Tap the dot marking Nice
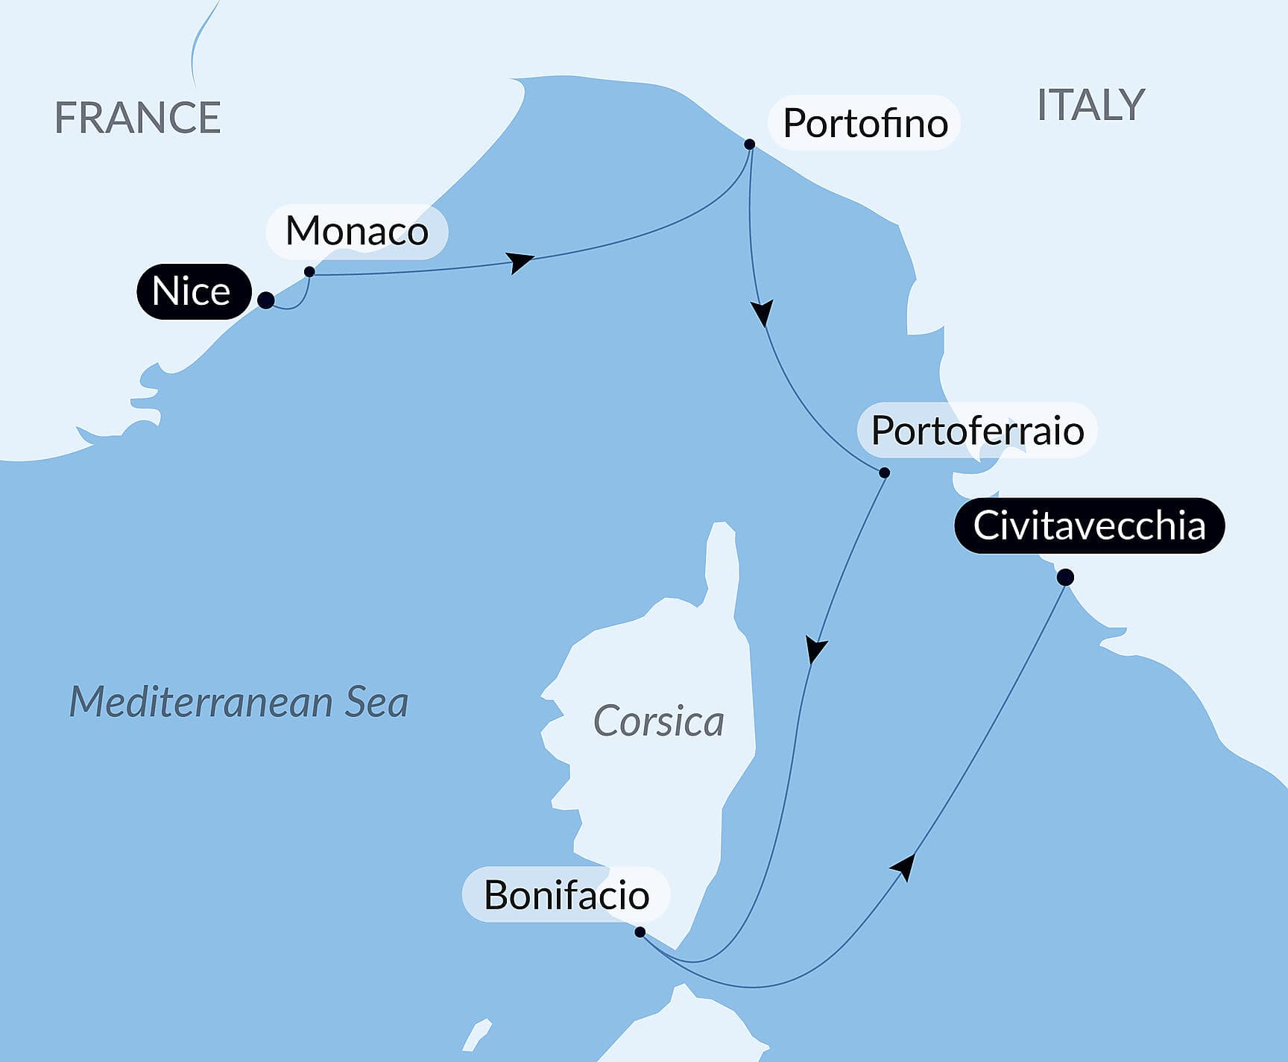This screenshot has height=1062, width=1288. (265, 300)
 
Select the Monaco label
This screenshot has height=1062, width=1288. (357, 231)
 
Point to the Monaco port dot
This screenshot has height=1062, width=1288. (309, 272)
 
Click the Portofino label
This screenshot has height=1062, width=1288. (865, 123)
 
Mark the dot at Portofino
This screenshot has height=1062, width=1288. (750, 145)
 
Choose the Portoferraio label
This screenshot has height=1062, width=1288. (977, 431)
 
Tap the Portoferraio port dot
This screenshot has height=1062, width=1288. (884, 472)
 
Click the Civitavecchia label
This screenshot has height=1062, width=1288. (1089, 525)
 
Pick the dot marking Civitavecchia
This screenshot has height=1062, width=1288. (1065, 578)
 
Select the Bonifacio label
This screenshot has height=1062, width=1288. (566, 895)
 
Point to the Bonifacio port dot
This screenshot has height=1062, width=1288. (640, 932)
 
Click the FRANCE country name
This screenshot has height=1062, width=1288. (138, 118)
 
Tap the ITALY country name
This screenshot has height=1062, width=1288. (1090, 105)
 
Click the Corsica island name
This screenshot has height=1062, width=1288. (658, 721)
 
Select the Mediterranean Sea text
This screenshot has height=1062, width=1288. (239, 702)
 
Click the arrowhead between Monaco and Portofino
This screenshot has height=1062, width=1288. (520, 262)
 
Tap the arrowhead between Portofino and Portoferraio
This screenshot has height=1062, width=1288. (762, 312)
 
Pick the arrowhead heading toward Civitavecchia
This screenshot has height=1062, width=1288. (904, 867)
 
